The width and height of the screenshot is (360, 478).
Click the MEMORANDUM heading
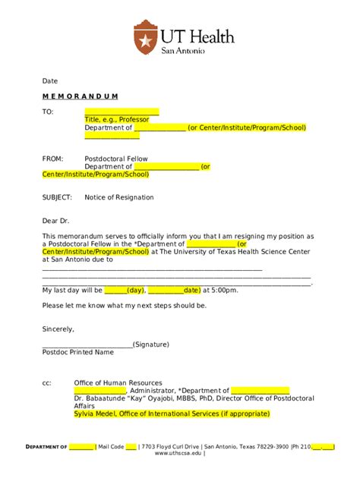tap(80, 96)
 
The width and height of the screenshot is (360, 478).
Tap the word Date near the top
tap(50, 80)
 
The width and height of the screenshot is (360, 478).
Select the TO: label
tap(48, 112)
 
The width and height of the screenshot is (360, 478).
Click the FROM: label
tap(52, 159)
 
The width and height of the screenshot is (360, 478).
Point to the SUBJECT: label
tap(57, 197)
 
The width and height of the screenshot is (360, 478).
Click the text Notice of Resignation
tap(118, 197)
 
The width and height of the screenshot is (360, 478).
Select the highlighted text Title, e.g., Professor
tap(117, 120)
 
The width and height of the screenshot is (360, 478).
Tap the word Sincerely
tap(58, 329)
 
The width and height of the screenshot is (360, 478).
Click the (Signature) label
tap(150, 344)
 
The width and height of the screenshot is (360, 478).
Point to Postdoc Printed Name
tap(77, 352)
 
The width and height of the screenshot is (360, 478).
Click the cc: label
tap(47, 383)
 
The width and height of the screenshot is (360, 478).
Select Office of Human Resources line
tap(118, 383)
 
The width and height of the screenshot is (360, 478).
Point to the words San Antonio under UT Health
tap(183, 51)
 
